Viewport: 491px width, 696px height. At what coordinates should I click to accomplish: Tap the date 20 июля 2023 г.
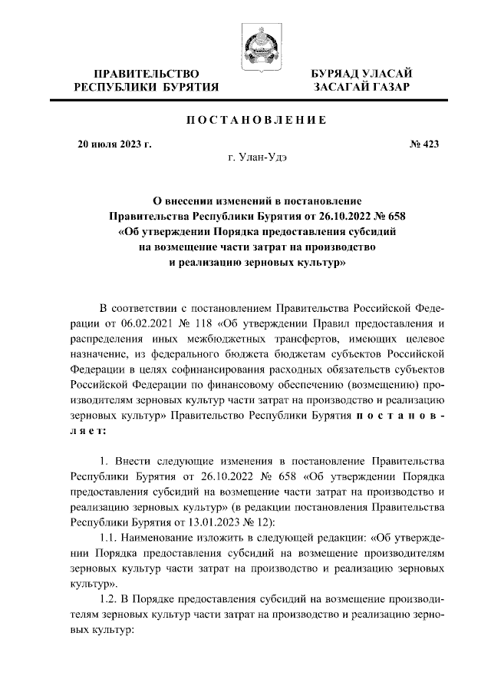point(115,143)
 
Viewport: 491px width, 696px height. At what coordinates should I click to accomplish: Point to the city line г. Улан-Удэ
point(257,157)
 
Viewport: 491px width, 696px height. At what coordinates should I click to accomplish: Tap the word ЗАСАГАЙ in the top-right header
point(342,88)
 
